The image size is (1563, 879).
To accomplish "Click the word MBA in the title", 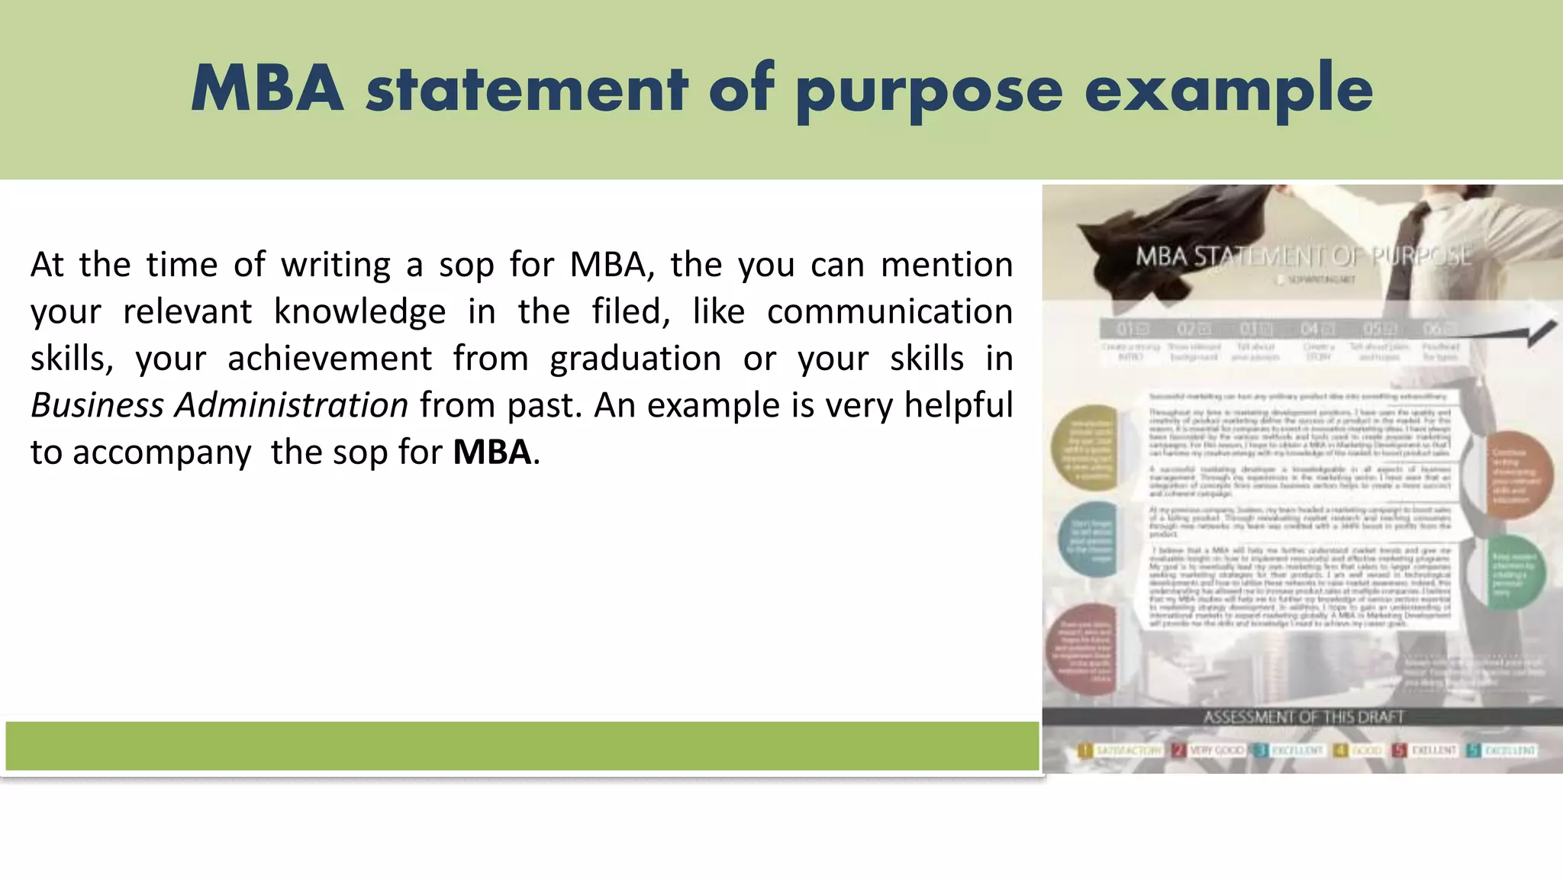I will point(267,89).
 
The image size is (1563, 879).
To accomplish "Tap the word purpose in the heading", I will point(929,92).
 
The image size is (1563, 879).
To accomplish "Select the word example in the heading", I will point(1229,92).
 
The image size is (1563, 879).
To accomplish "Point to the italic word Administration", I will point(292,405).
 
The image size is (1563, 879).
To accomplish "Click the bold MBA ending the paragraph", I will point(491,452).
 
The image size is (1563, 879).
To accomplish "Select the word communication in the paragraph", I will point(889,311).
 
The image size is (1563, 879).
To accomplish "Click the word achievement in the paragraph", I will point(329,359).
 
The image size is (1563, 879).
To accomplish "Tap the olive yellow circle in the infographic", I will point(1085,447).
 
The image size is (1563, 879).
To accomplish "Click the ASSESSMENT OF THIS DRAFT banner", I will point(1303,717).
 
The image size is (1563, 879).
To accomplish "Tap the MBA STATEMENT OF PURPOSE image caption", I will point(1303,256).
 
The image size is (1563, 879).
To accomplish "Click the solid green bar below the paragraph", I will point(522,746).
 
